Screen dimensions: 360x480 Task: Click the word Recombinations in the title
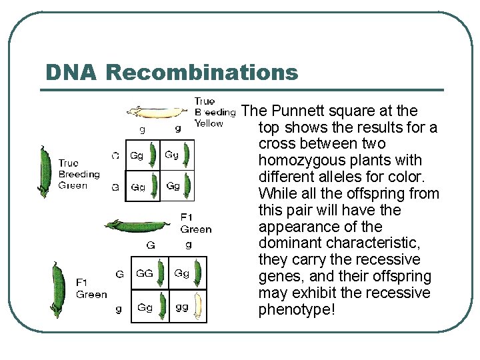(x=201, y=72)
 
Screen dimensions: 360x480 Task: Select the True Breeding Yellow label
(x=215, y=112)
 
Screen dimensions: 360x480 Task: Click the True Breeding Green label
(x=79, y=174)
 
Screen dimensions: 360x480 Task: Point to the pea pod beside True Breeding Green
(x=45, y=171)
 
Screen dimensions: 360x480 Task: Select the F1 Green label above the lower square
(x=196, y=223)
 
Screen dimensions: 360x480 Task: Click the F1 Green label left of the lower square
(x=91, y=289)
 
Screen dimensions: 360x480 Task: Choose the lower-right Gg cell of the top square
(x=179, y=186)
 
